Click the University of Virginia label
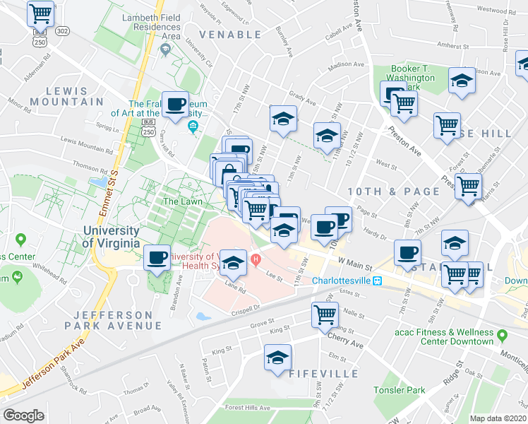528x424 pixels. point(116,237)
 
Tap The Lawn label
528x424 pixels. point(183,201)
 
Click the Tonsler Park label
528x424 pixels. point(400,389)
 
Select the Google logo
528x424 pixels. point(23,416)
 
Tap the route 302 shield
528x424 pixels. point(63,32)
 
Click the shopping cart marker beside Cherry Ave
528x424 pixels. point(325,314)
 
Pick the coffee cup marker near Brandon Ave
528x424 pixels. point(157,257)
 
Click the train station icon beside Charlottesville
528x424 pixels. point(378,281)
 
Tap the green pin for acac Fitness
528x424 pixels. point(502,334)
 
